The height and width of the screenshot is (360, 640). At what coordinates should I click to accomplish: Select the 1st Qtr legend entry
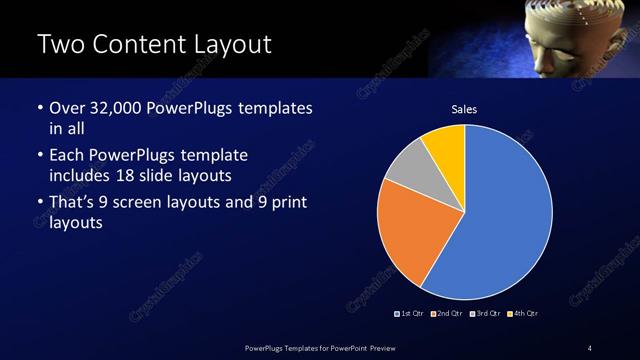[410, 314]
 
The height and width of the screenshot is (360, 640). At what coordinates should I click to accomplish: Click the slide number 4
[589, 347]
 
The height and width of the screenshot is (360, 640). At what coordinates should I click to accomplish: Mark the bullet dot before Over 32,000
[40, 108]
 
